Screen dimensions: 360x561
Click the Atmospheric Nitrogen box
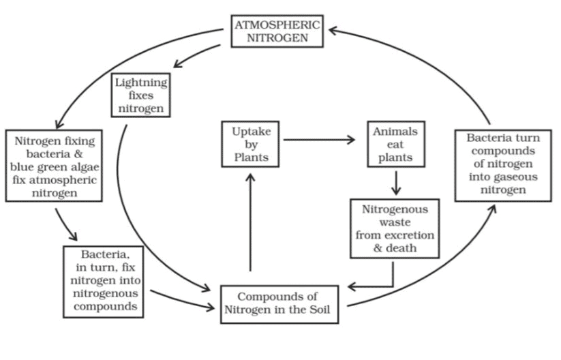click(276, 30)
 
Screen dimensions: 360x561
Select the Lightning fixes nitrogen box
click(141, 95)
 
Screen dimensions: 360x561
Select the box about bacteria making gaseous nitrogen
click(503, 164)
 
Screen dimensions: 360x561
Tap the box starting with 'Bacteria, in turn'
click(106, 280)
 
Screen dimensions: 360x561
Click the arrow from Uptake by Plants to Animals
click(319, 140)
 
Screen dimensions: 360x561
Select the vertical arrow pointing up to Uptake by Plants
click(250, 222)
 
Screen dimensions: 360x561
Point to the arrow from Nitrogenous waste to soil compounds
click(382, 284)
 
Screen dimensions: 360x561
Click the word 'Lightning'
click(141, 82)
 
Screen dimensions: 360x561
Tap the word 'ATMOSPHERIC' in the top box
click(276, 24)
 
